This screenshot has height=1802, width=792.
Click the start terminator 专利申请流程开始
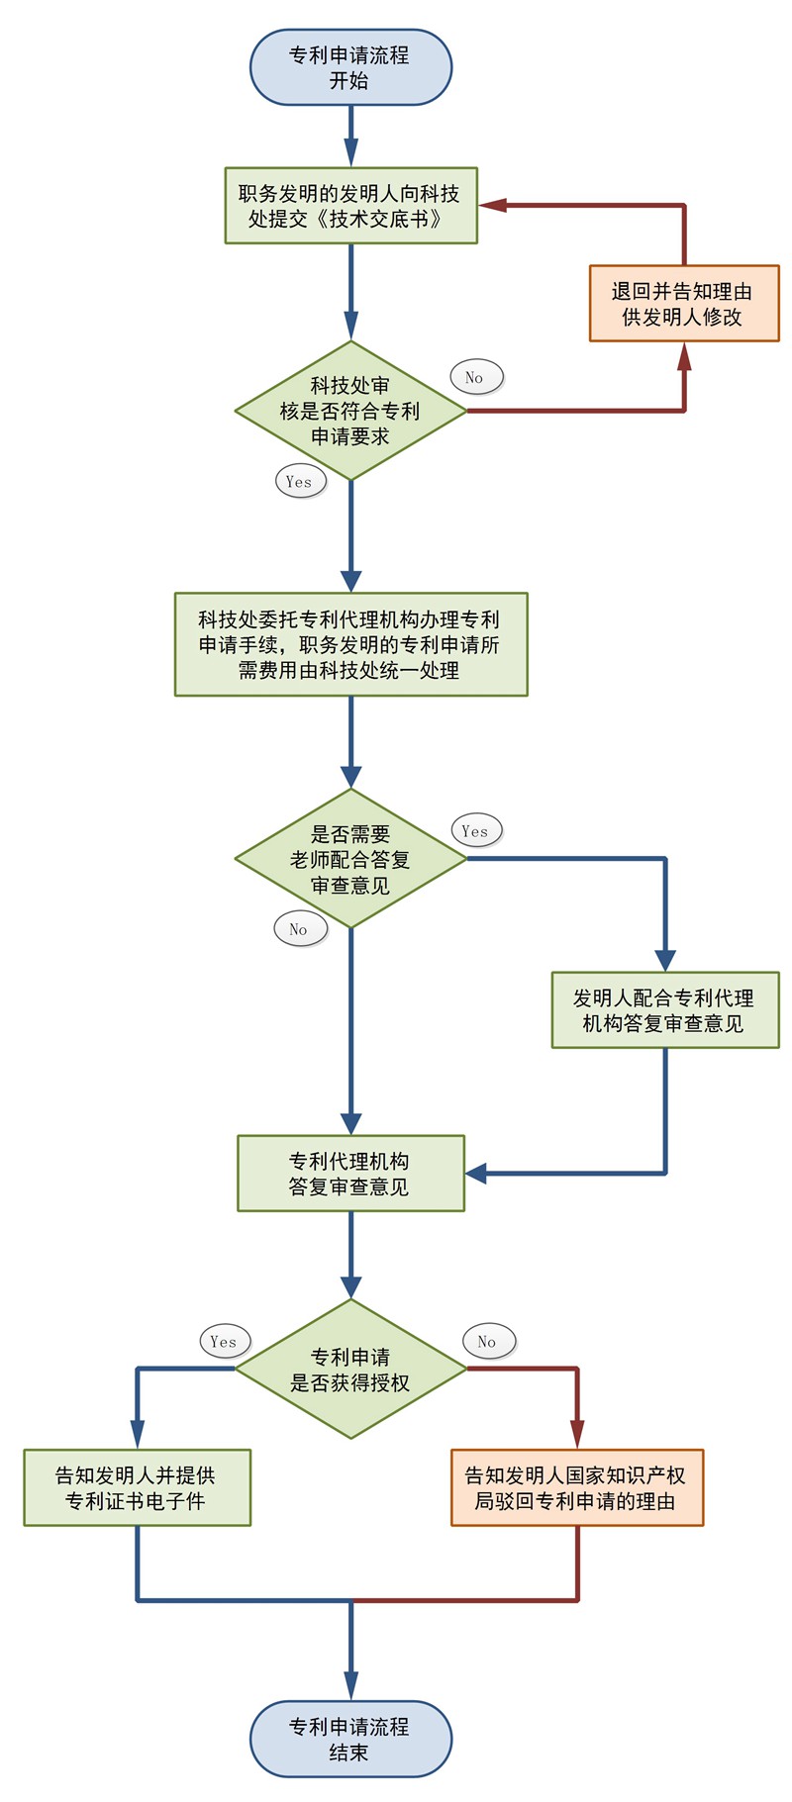[350, 67]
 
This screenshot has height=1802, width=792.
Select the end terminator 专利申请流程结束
[350, 1739]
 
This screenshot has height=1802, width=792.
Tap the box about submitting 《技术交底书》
[350, 206]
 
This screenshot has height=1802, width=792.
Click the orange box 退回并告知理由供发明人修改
[684, 304]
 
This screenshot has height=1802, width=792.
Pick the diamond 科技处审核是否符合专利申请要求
[350, 411]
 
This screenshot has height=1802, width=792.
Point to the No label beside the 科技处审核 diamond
[475, 377]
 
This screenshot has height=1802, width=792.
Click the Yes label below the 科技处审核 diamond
[299, 482]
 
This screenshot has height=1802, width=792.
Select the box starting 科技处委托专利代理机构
[350, 644]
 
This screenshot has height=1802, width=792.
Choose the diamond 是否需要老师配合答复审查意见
[350, 859]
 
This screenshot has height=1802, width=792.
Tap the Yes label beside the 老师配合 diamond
[475, 831]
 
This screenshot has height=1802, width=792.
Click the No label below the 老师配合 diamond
[299, 929]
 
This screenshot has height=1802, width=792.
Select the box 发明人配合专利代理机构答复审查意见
[664, 1010]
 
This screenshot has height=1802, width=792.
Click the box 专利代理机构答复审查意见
[350, 1174]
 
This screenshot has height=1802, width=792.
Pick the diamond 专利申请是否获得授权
[350, 1370]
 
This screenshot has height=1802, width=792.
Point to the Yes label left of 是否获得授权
[224, 1342]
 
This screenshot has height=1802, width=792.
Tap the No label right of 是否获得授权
[487, 1342]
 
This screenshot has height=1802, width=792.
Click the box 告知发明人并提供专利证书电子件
[137, 1488]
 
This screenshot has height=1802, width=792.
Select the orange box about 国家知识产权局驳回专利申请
[577, 1488]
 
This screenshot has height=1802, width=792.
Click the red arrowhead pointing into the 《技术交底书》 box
[493, 205]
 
